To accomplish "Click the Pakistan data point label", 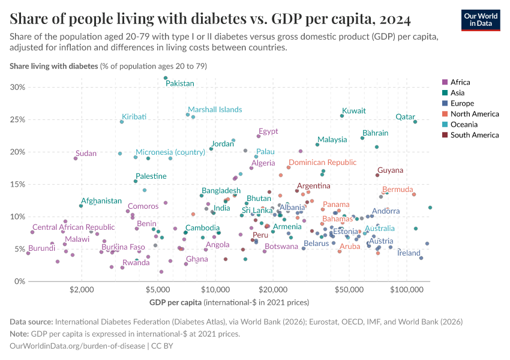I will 180,83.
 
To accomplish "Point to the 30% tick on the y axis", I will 17,87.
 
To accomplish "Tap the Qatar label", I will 406,116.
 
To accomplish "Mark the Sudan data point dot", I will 76,158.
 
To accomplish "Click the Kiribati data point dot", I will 122,122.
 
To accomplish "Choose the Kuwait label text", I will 353,111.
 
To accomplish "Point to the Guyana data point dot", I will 377,175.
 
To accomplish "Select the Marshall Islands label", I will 215,110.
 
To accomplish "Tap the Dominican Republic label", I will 322,163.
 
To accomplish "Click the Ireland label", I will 409,253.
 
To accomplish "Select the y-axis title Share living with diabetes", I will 53,65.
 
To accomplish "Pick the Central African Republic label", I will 73,227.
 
